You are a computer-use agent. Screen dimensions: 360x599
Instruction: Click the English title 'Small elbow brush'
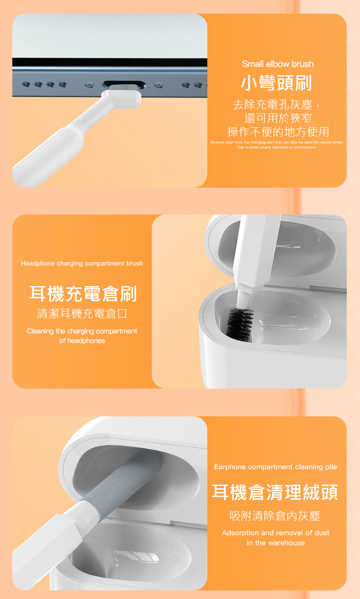point(278,64)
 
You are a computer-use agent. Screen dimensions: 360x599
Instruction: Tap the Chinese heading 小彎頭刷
point(277,83)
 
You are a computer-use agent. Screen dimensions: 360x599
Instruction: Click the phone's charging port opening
point(123,85)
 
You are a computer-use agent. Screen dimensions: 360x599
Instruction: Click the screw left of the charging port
point(89,85)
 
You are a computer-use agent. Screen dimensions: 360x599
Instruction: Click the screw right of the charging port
point(159,85)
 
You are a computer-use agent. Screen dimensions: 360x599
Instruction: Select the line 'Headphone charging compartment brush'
point(82,263)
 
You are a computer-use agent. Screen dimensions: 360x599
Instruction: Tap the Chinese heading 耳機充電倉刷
point(83,294)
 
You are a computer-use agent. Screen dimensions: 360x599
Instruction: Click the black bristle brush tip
point(240,324)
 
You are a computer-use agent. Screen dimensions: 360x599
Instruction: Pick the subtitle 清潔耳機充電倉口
point(82,313)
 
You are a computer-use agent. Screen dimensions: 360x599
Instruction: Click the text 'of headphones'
point(82,341)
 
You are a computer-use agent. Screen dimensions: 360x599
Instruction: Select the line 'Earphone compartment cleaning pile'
point(276,466)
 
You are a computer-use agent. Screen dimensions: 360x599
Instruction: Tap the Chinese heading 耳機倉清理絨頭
point(275,492)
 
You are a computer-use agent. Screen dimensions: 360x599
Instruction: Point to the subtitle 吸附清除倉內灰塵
point(275,516)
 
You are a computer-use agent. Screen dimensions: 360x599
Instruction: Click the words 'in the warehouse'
point(276,543)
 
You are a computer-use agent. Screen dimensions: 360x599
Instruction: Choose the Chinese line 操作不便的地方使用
point(278,132)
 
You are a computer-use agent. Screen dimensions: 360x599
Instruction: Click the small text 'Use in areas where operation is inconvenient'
point(277,147)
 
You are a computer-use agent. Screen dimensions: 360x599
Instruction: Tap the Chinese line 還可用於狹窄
point(278,118)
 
